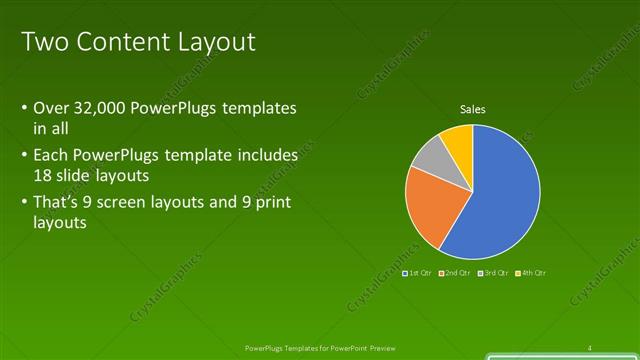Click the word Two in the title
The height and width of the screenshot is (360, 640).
click(x=41, y=42)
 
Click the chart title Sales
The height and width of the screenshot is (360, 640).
click(x=472, y=109)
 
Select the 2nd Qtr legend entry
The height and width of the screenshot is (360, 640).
click(x=454, y=273)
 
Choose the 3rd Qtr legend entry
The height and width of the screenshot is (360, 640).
click(x=493, y=273)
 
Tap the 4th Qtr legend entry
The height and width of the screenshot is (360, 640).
click(x=530, y=273)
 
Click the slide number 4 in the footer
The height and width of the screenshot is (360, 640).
click(x=590, y=347)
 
